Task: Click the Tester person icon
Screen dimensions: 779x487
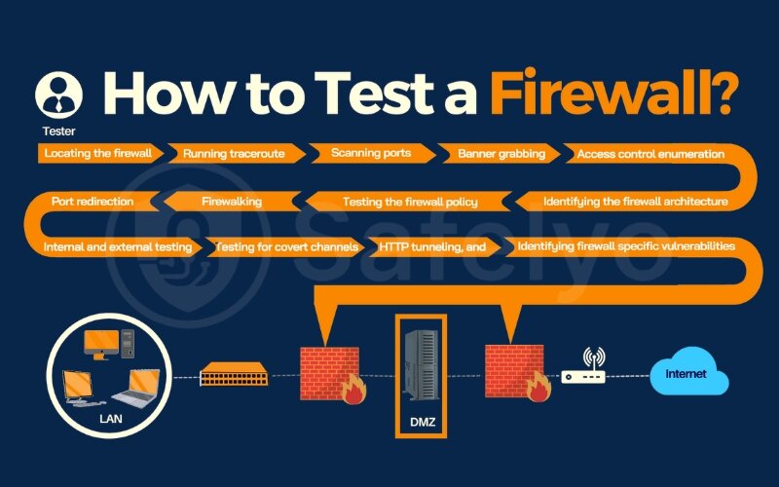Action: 58,94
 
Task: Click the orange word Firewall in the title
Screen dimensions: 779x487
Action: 612,93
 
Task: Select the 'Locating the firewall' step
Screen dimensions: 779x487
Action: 98,153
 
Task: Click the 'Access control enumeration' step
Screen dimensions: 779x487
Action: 650,154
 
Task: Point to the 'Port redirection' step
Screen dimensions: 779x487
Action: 93,202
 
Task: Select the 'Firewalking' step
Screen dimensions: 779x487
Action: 232,202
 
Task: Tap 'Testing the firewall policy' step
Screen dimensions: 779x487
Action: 410,202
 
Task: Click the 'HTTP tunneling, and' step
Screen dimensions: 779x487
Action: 432,247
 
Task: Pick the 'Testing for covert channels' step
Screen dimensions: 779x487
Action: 286,247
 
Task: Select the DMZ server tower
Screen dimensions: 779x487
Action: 422,364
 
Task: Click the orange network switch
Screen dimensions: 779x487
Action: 234,374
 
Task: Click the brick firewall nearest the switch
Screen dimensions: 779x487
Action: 330,373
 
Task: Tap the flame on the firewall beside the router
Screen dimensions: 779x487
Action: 539,387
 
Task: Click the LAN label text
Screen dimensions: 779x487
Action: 111,419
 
